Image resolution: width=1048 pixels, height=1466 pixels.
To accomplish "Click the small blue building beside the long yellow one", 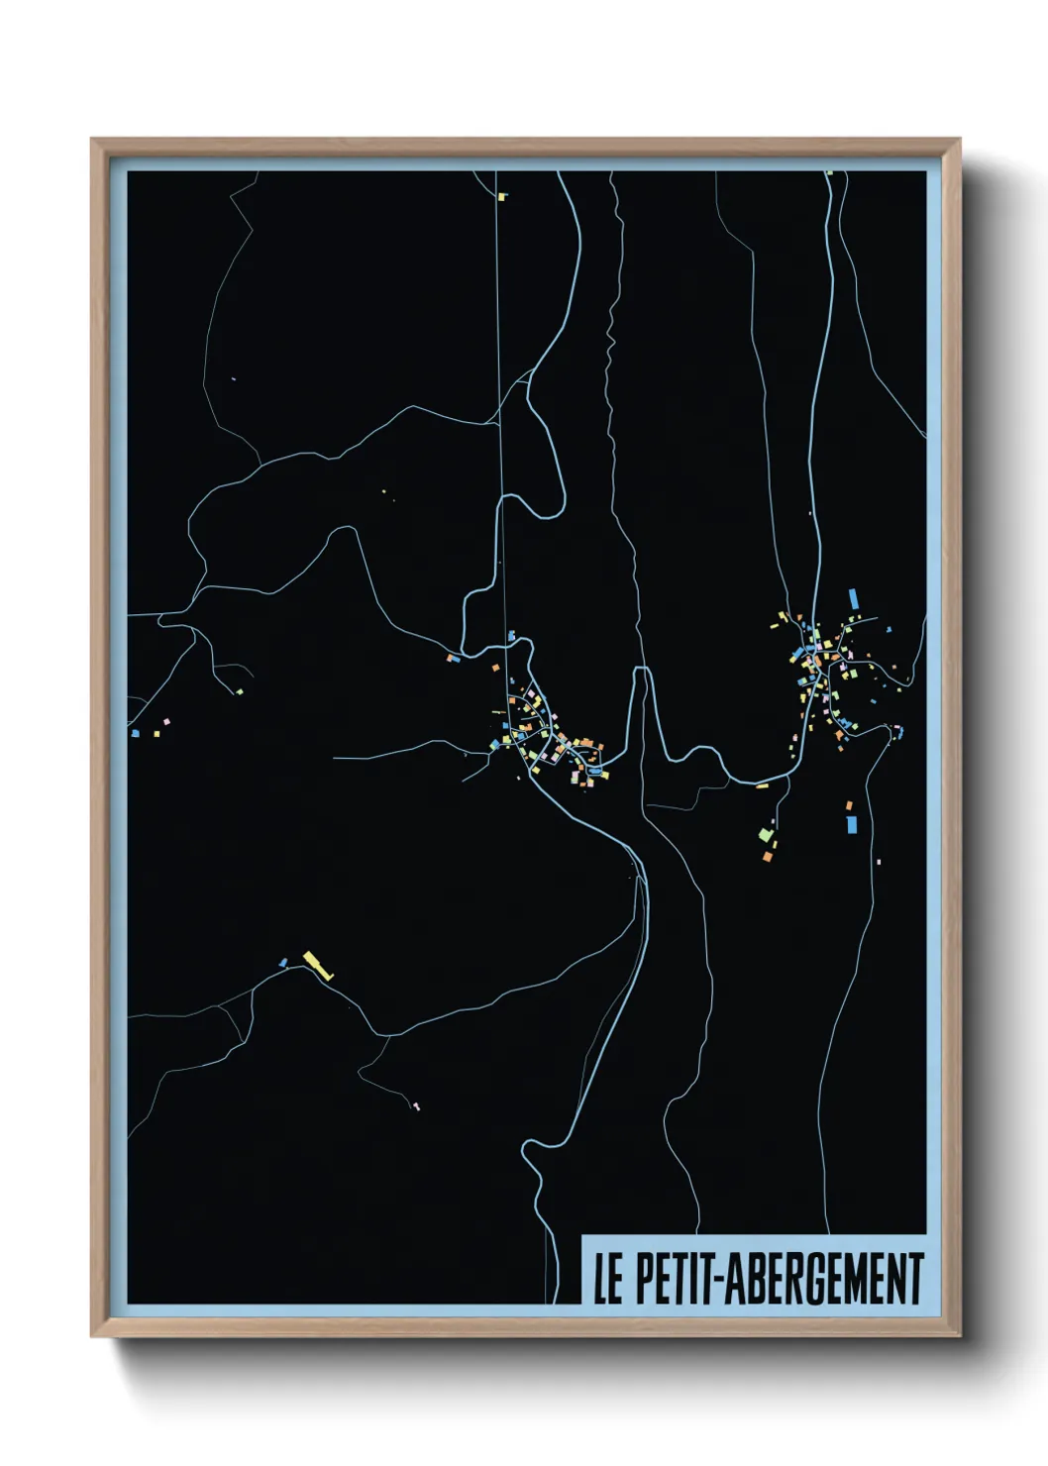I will coord(283,962).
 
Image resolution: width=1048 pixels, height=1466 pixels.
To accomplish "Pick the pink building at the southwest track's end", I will coord(416,1105).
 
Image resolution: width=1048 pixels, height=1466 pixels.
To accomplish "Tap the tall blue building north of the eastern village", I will coord(854,599).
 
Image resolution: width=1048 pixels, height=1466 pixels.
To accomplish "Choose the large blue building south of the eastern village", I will coord(851,824).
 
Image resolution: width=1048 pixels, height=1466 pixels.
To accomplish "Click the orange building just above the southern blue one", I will coord(849,805).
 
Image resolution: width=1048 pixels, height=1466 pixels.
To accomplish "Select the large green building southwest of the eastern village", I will coord(765,833).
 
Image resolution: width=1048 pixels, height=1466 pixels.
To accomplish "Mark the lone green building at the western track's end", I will coord(239,690).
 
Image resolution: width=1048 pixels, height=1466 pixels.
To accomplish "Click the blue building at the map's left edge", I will coord(135,733).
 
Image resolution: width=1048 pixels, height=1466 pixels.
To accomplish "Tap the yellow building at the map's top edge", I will coord(502,197).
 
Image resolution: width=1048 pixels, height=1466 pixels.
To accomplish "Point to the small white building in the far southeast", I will coord(878,862).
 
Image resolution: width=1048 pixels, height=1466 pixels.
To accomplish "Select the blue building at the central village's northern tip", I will coord(511,635).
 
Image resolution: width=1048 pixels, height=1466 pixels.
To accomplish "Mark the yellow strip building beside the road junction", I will coord(762,786).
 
